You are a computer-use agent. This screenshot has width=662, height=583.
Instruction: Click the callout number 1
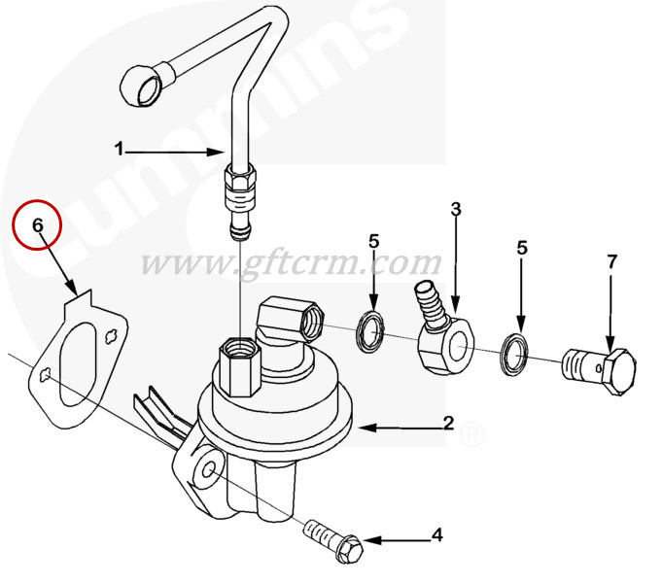click(120, 149)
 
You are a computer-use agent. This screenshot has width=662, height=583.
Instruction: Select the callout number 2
click(448, 423)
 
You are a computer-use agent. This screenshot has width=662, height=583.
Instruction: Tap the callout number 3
click(456, 209)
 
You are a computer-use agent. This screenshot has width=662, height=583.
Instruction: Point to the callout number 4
click(437, 534)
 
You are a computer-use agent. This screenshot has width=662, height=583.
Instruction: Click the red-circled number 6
click(38, 225)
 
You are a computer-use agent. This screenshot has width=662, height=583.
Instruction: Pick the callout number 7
click(612, 261)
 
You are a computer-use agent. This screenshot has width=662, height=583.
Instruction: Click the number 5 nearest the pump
click(374, 242)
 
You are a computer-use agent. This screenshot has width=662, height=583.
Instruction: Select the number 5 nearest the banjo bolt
click(522, 248)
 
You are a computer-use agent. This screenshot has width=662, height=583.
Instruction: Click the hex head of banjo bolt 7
click(619, 371)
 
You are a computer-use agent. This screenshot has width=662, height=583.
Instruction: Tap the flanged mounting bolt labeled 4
click(333, 540)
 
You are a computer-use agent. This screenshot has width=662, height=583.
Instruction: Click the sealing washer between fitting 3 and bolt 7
click(514, 355)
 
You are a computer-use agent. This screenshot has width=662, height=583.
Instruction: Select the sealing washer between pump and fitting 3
click(371, 331)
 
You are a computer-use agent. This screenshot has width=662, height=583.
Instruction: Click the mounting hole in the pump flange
click(209, 469)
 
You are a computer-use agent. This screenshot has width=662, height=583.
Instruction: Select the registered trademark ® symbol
click(471, 435)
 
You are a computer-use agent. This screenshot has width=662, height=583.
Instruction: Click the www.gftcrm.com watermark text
click(291, 264)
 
